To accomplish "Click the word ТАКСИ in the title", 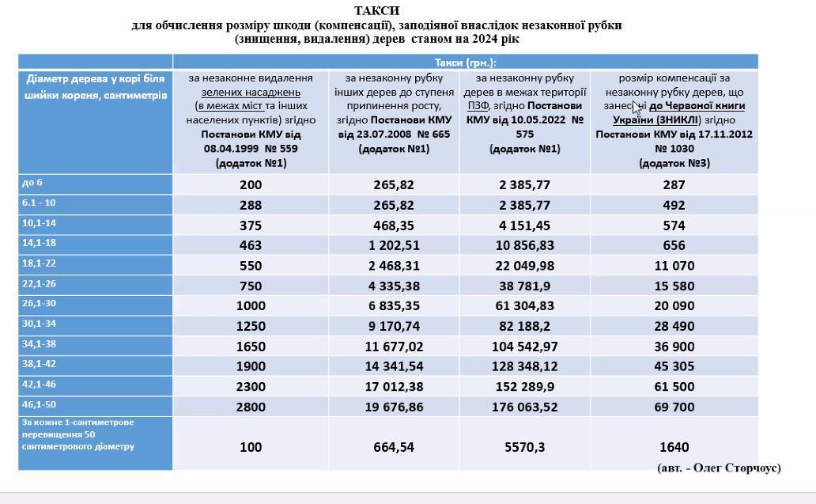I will pos(376,10).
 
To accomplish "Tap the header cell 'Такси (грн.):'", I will pos(465,63).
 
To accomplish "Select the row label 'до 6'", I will pos(33,183).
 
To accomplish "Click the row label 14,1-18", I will pos(40,244).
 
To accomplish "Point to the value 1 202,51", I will pos(393,245).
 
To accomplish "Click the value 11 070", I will pos(674,266).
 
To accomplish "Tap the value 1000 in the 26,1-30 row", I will pos(251,306).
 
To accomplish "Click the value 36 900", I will pos(674,347).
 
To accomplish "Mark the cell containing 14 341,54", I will pos(393,366).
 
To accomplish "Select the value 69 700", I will pos(674,407).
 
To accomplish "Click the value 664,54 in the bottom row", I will pos(393,447).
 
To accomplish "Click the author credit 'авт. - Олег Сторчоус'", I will pos(719,468).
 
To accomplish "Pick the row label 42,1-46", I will pos(40,385).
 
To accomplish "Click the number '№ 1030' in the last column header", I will pos(674,148).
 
